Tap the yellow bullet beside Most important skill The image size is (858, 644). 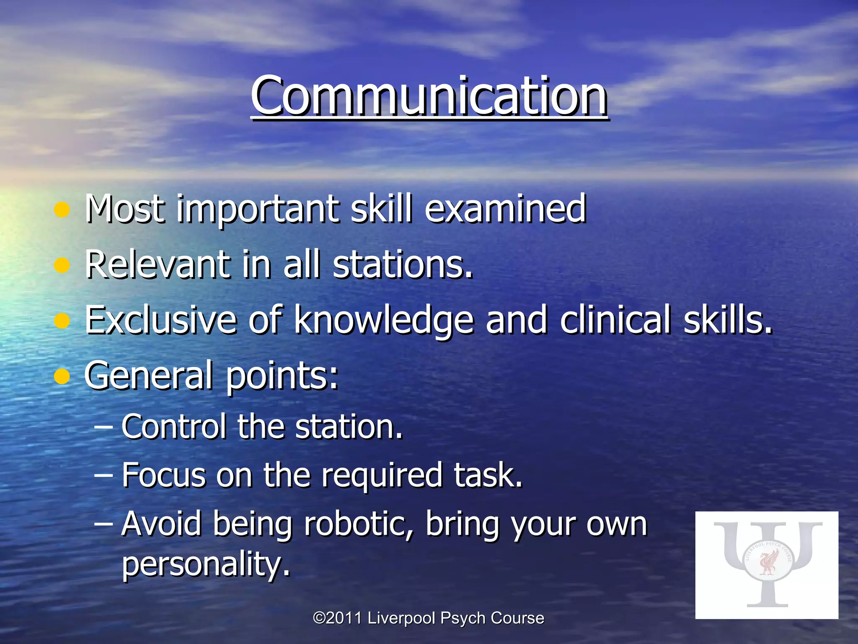point(62,209)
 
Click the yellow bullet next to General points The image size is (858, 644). point(62,376)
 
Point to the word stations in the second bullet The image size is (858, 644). point(402,265)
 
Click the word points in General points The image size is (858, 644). point(282,376)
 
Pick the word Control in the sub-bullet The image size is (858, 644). point(173,426)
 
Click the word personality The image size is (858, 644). point(206,564)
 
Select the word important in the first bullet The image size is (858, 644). point(258,209)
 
